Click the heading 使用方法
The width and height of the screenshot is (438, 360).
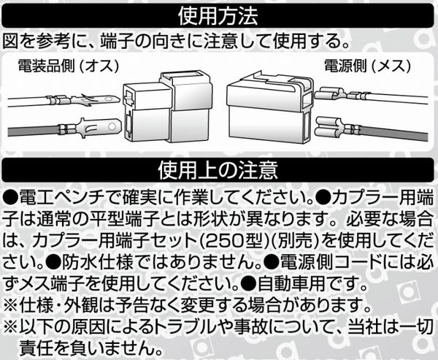tap(218, 15)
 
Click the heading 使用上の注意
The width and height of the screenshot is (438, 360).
tap(218, 169)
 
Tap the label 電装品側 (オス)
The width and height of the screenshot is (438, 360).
tap(69, 66)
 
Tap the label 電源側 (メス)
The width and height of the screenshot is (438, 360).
tap(368, 66)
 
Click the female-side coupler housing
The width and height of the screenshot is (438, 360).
tap(269, 107)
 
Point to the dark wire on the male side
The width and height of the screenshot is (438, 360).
tap(34, 131)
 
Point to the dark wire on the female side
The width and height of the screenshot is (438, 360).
tap(393, 134)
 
